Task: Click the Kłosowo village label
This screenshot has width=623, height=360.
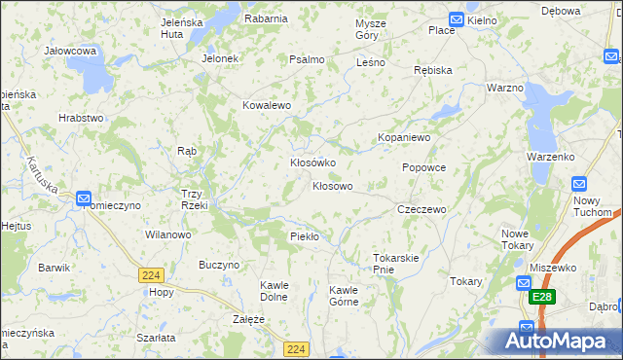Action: pyautogui.click(x=332, y=185)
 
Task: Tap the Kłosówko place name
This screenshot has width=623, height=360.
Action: pyautogui.click(x=312, y=162)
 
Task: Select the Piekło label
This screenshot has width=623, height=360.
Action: pyautogui.click(x=305, y=236)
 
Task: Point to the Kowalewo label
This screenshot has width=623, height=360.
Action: pyautogui.click(x=268, y=105)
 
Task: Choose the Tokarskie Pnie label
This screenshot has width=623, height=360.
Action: pyautogui.click(x=395, y=264)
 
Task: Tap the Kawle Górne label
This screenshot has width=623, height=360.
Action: pyautogui.click(x=343, y=295)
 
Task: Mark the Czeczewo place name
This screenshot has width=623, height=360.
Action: pyautogui.click(x=421, y=209)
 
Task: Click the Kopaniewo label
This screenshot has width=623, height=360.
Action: pyautogui.click(x=404, y=138)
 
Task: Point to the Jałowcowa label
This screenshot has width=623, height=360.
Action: pyautogui.click(x=70, y=50)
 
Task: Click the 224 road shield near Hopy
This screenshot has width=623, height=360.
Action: pyautogui.click(x=149, y=275)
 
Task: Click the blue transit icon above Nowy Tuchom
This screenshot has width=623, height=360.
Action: pyautogui.click(x=579, y=183)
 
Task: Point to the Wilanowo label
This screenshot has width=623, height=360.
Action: pyautogui.click(x=167, y=234)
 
